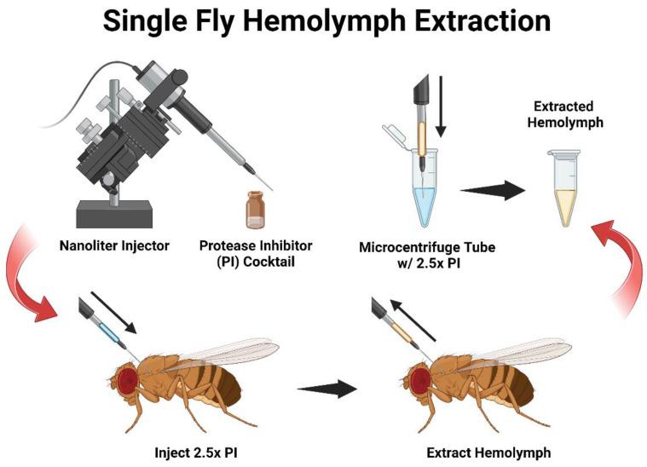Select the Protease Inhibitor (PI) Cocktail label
[255, 253]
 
